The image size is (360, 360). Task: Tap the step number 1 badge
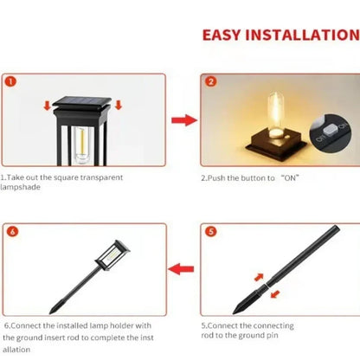tap(11, 84)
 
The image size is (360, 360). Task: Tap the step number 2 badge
tap(210, 84)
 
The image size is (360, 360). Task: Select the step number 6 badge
tap(11, 233)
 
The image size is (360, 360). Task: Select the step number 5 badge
tap(210, 233)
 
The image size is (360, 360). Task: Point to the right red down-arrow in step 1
tap(118, 106)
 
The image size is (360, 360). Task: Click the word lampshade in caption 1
tap(20, 186)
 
